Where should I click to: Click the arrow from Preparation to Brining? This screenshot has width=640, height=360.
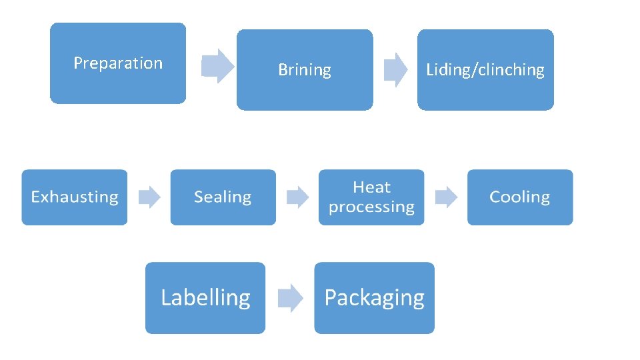pos(217,65)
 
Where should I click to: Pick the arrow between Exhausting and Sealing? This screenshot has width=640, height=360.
pos(149,197)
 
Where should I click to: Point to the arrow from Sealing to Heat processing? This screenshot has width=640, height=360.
pos(297,197)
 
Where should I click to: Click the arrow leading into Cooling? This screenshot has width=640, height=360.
pos(446,197)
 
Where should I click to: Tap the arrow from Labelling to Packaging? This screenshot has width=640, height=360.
pos(290,298)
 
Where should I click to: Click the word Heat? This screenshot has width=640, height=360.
pos(372,187)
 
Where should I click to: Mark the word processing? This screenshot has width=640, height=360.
pos(372,207)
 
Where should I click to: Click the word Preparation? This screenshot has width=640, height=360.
pos(118,63)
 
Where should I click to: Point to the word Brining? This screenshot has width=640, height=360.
pos(305,70)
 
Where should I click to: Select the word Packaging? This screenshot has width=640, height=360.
pos(374,298)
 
